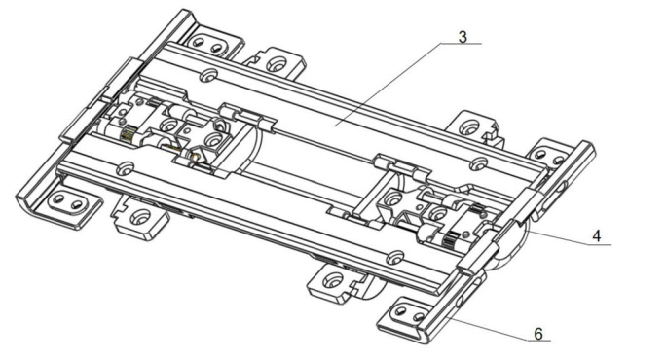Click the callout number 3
click(462, 37)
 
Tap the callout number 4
click(597, 236)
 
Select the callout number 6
click(538, 334)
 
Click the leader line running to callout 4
click(569, 237)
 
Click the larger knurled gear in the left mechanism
click(128, 135)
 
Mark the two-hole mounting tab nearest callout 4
click(551, 157)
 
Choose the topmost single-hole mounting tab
click(276, 63)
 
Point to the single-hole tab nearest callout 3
click(470, 126)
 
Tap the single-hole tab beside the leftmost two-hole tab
click(139, 217)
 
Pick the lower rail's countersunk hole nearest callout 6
click(395, 257)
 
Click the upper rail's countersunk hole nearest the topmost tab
click(207, 76)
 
